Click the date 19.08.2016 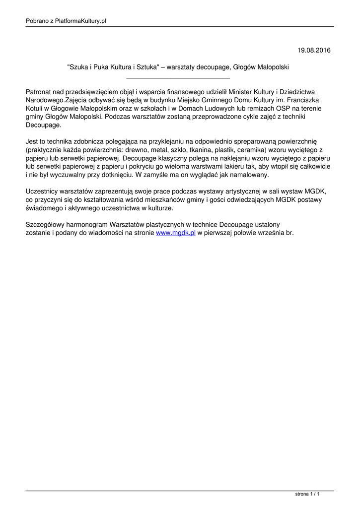pos(314,50)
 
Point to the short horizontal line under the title pos(178,78)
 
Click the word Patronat pos(40,92)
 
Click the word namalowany pos(249,175)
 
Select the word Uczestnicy pos(43,191)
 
